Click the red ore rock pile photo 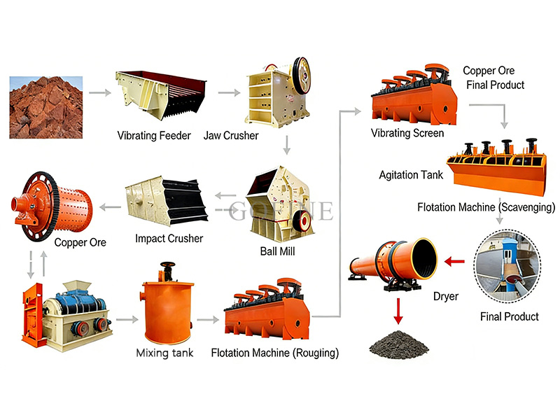tap(45, 106)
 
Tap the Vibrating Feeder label tap(153, 136)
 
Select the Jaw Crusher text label tap(231, 136)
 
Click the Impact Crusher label tap(169, 239)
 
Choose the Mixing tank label tap(164, 353)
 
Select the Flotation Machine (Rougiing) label tap(274, 353)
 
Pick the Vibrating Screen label tap(407, 133)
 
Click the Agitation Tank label tap(411, 175)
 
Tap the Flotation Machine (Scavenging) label tap(486, 208)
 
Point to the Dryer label tap(445, 297)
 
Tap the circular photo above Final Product tap(509, 269)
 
